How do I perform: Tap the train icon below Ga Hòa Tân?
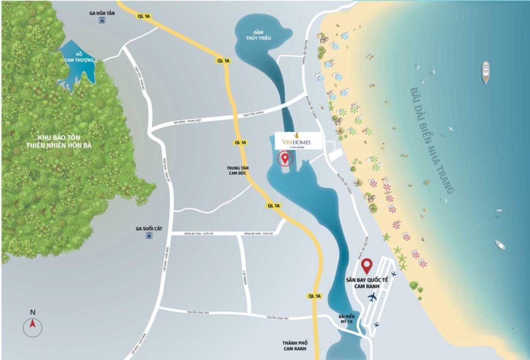(x=102, y=21)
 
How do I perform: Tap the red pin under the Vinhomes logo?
(x=284, y=159)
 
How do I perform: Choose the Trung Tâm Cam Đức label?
(x=238, y=171)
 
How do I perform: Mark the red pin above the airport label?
(x=367, y=266)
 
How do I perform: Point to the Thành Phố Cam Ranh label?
(x=297, y=347)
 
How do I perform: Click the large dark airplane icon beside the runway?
(x=372, y=297)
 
